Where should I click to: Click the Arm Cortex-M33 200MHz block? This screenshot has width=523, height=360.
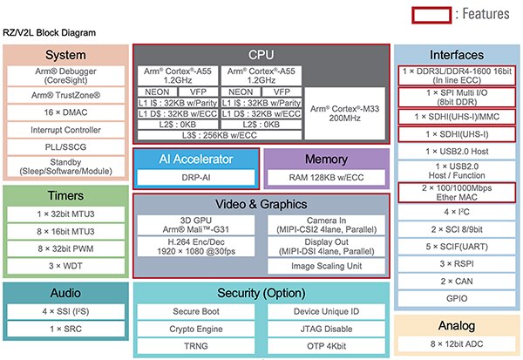tap(343, 110)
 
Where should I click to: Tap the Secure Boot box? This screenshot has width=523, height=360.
tap(196, 309)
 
